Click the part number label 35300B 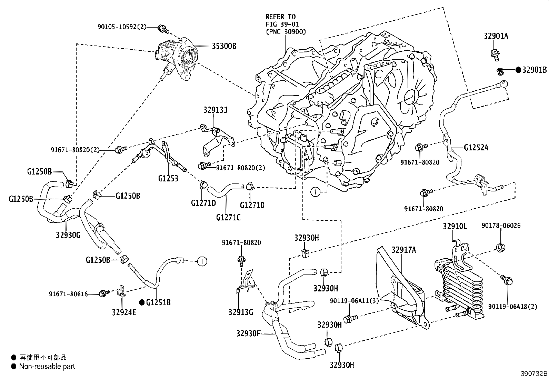tap(222, 46)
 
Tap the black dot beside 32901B tap(518, 70)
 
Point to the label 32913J tap(216, 110)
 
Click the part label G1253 tap(168, 178)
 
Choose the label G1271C tap(228, 217)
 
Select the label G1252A tap(476, 148)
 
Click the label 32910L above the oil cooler tap(455, 226)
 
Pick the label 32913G tap(240, 312)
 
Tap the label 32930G tap(68, 235)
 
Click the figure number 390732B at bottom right tap(534, 374)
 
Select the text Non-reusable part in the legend tap(47, 367)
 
